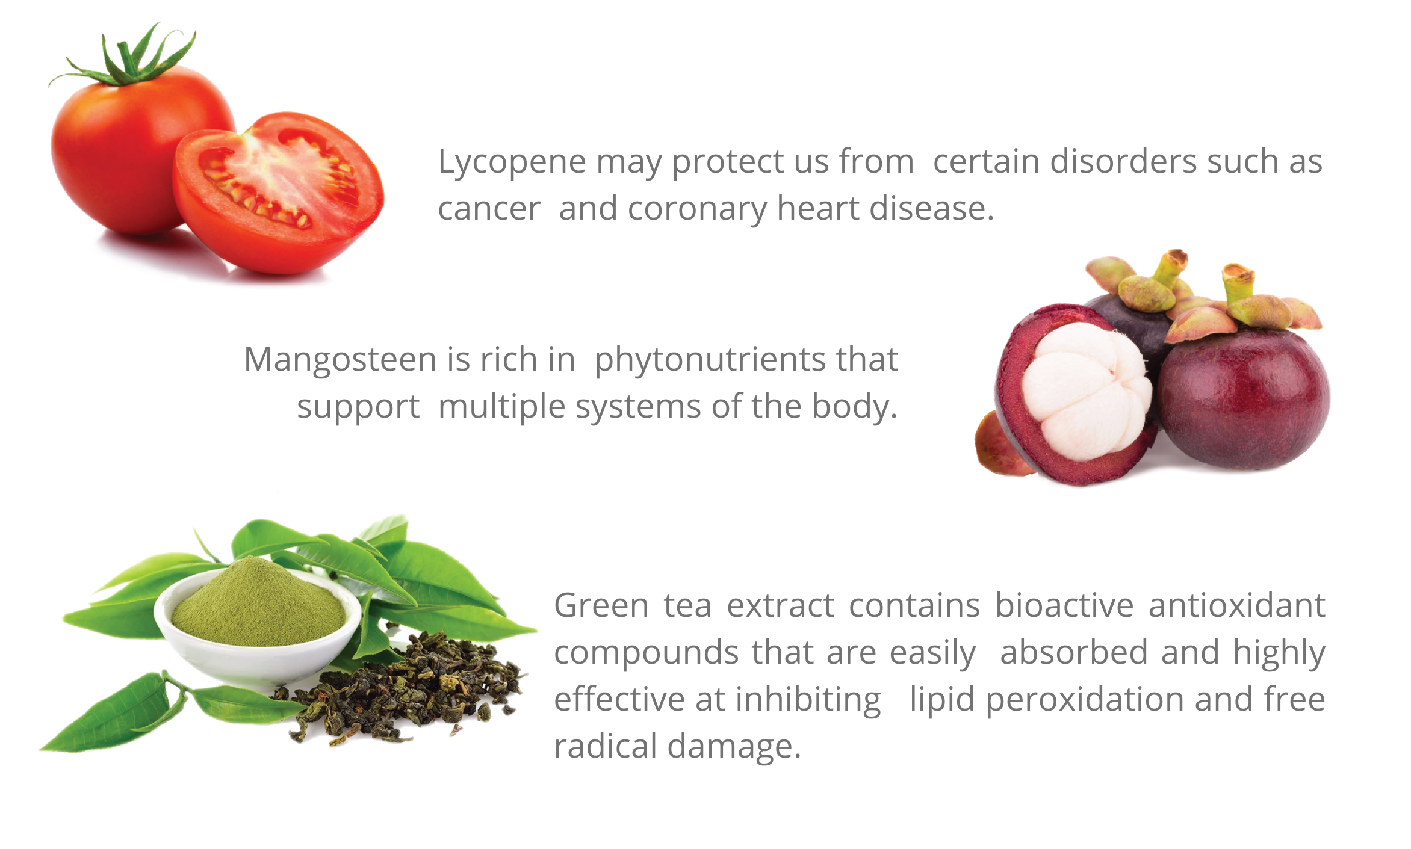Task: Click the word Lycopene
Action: point(512,162)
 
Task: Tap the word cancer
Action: point(489,209)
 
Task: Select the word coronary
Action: point(697,209)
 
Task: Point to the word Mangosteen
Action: point(340,360)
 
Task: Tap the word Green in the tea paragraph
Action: point(601,605)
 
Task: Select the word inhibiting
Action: point(808,700)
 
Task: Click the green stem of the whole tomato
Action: point(129,60)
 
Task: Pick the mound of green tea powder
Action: point(259,605)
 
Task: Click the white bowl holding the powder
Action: point(259,653)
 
